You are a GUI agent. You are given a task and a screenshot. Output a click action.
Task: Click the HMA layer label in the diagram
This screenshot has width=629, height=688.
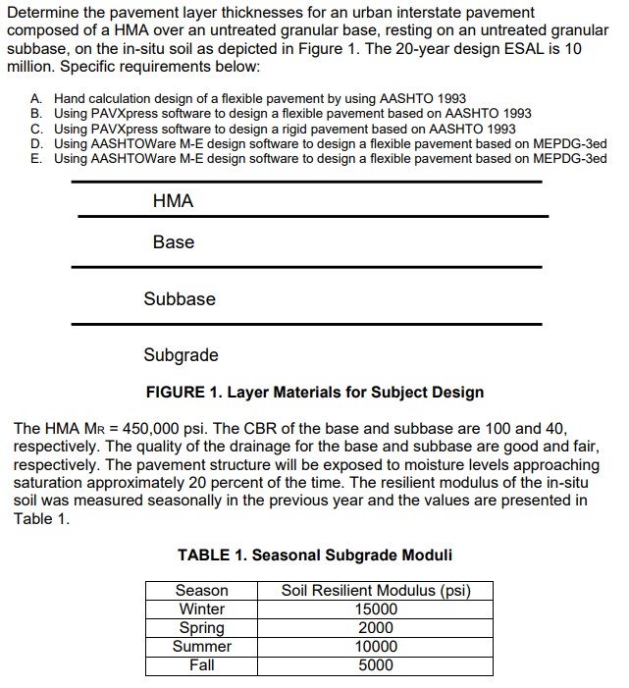tap(173, 201)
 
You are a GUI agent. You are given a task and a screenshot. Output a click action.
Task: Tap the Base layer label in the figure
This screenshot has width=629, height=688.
tap(173, 242)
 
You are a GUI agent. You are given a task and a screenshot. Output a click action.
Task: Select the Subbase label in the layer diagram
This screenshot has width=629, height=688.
tap(180, 298)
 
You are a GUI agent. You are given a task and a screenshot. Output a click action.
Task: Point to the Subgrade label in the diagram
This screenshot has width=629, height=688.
tap(181, 355)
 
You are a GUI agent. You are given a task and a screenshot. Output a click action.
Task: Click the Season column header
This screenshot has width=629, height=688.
tap(201, 591)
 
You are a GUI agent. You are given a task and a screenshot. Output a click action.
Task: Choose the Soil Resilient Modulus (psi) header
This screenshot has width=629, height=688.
tap(376, 591)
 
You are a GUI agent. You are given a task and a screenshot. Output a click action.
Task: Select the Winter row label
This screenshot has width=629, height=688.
tap(201, 609)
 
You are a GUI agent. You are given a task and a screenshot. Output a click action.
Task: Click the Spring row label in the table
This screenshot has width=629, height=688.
tap(201, 628)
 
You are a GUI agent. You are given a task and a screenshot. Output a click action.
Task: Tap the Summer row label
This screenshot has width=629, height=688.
tap(201, 647)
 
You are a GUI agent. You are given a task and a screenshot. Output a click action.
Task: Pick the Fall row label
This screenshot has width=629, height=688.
tap(201, 665)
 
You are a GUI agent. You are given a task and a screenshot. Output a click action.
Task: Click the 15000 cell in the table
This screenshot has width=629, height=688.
tap(376, 609)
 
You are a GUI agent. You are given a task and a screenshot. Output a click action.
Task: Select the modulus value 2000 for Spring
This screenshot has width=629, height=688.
tap(376, 628)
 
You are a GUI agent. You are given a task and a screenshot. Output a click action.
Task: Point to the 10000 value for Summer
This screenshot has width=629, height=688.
tap(376, 647)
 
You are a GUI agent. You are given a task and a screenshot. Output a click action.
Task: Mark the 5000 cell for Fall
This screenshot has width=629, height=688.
tap(376, 665)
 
